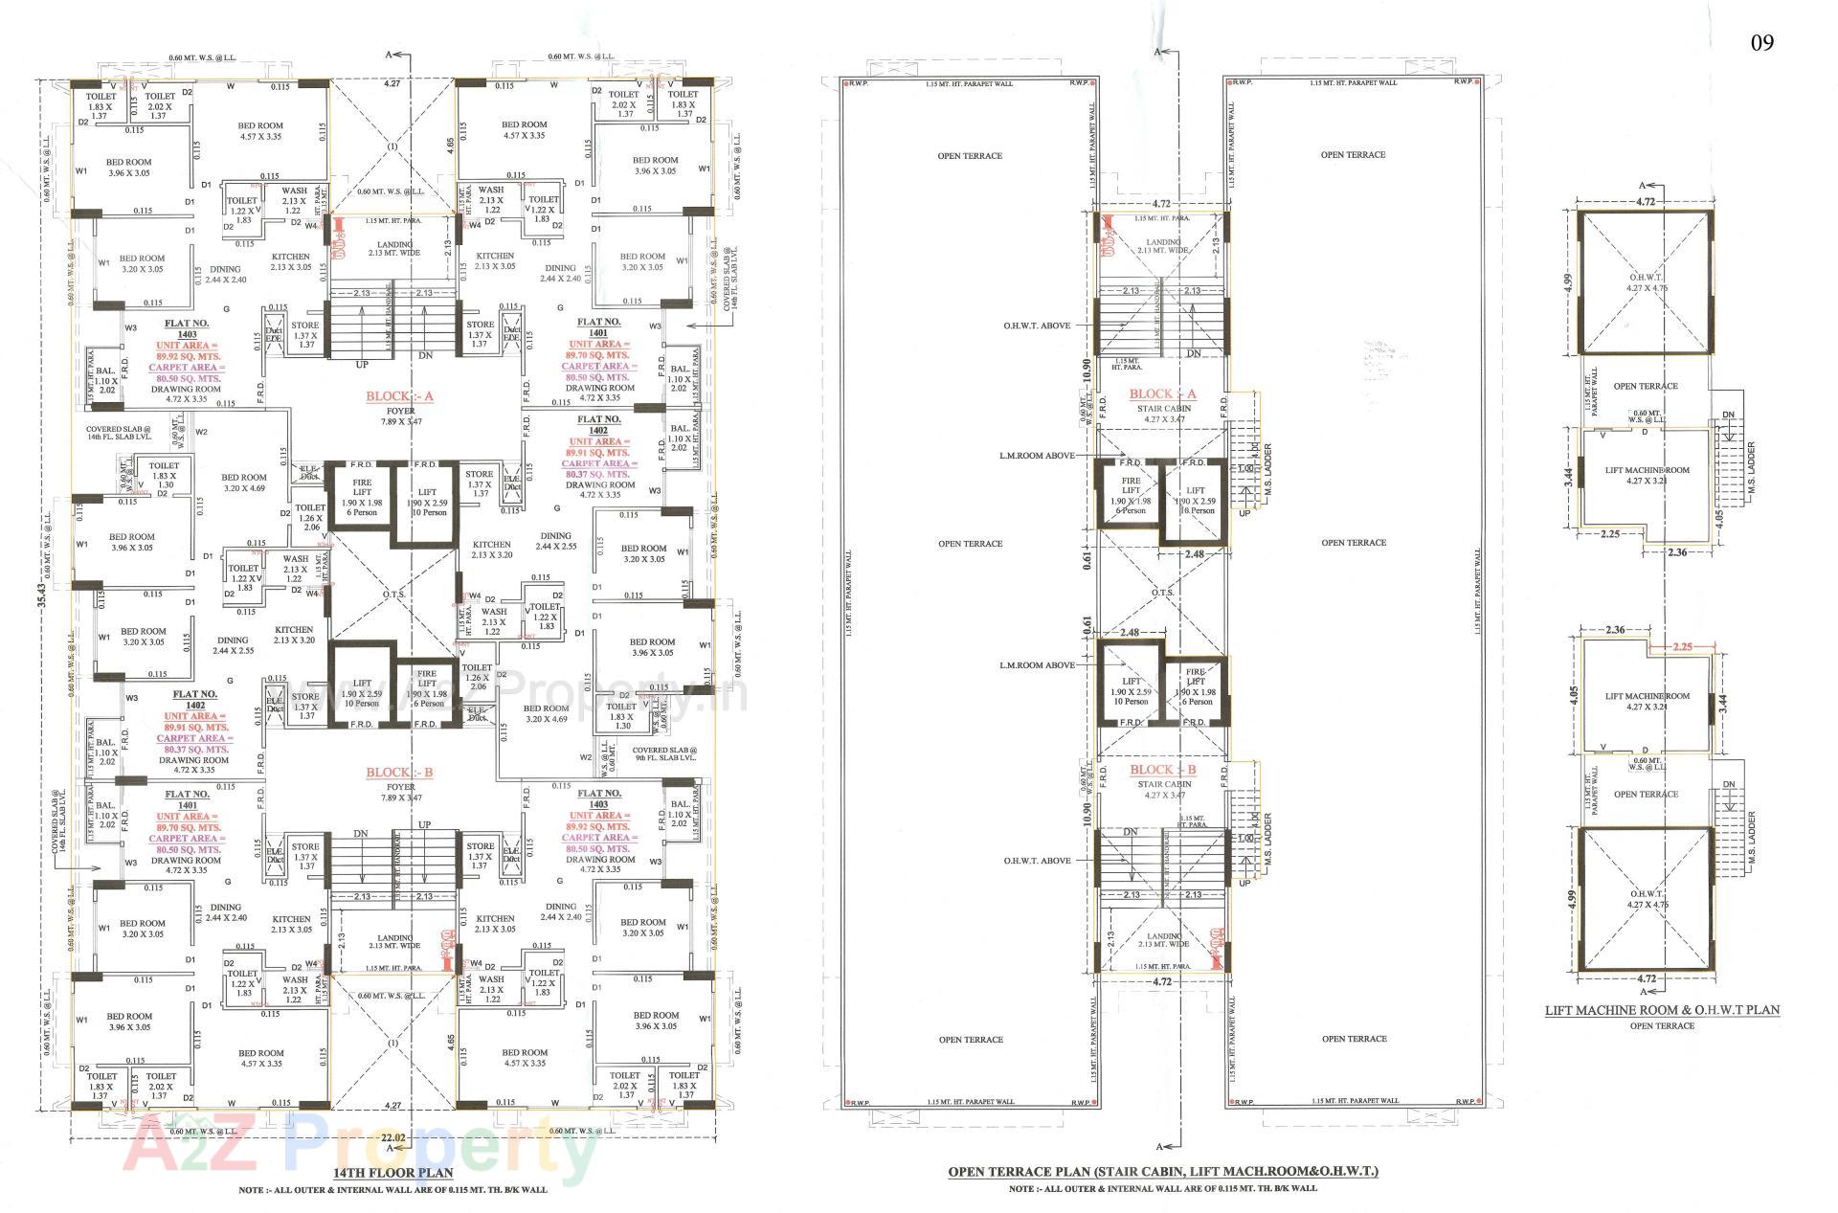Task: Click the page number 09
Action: click(1761, 43)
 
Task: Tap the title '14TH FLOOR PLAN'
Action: click(392, 1172)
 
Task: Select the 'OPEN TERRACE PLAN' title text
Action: click(1162, 1171)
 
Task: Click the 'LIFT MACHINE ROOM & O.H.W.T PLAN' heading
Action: click(1662, 1010)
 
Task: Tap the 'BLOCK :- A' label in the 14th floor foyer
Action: click(399, 397)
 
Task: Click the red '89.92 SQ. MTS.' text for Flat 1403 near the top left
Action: click(189, 356)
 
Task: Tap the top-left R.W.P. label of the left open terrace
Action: click(854, 83)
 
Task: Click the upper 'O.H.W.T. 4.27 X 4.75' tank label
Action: click(1645, 282)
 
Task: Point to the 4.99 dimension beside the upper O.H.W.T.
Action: click(1566, 283)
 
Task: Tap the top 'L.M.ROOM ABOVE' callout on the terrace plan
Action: click(1037, 456)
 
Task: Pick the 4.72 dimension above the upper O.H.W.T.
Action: click(1645, 202)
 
